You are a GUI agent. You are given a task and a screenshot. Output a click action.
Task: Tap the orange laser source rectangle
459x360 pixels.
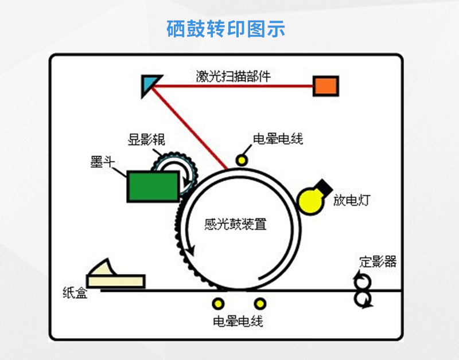325,86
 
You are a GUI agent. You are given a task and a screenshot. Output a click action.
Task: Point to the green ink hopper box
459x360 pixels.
152,186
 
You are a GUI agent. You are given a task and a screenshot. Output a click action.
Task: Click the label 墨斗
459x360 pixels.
100,162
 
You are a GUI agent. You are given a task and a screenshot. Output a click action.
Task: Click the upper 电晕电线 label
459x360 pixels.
278,139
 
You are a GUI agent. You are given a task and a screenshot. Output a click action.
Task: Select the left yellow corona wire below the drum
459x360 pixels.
219,304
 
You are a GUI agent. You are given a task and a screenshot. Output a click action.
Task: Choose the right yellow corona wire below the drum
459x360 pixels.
260,304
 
